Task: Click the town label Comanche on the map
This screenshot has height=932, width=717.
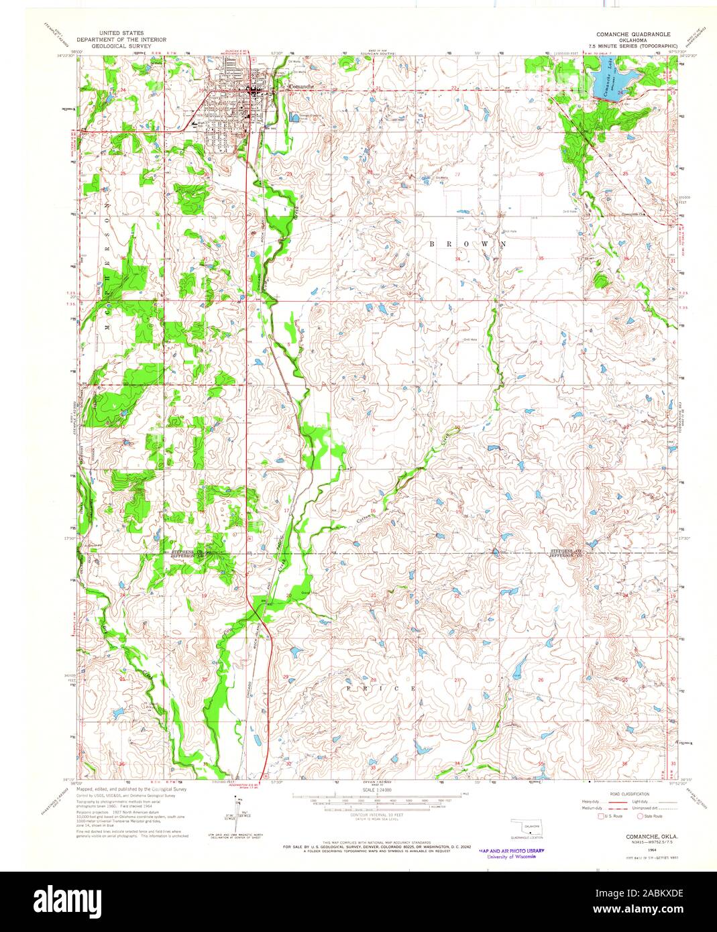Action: [x=299, y=86]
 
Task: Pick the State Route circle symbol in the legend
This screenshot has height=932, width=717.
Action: [x=641, y=816]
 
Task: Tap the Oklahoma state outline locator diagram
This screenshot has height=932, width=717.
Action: [x=525, y=825]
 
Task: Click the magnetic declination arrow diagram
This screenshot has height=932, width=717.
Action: [x=238, y=807]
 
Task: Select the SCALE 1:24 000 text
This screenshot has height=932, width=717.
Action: [x=378, y=791]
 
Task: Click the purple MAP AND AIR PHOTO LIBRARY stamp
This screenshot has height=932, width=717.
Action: [x=511, y=851]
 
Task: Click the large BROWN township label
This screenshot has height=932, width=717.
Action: [x=467, y=245]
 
